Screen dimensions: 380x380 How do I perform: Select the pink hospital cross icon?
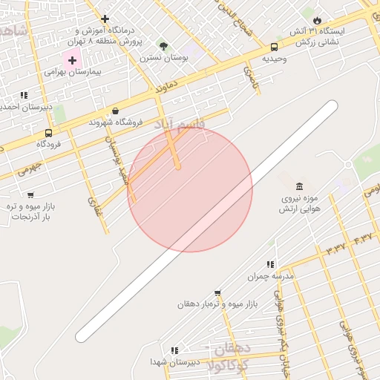click(x=72, y=59)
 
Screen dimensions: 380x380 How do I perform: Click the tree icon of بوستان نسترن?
click(x=163, y=46)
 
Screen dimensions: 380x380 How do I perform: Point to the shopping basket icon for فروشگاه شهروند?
click(x=115, y=111)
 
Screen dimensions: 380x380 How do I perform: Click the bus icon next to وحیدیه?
click(x=274, y=47)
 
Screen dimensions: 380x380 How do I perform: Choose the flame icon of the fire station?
click(x=317, y=20)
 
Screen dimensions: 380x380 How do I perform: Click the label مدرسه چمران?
click(x=271, y=276)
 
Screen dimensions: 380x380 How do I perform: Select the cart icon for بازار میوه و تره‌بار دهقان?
click(x=217, y=293)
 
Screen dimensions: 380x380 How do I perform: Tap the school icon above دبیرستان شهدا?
click(x=174, y=350)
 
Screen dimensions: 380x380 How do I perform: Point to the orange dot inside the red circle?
click(x=178, y=167)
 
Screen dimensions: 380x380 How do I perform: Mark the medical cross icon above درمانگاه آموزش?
click(x=105, y=19)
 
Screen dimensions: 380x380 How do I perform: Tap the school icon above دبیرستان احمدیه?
click(x=24, y=95)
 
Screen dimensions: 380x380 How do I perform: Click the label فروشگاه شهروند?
click(x=111, y=122)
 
